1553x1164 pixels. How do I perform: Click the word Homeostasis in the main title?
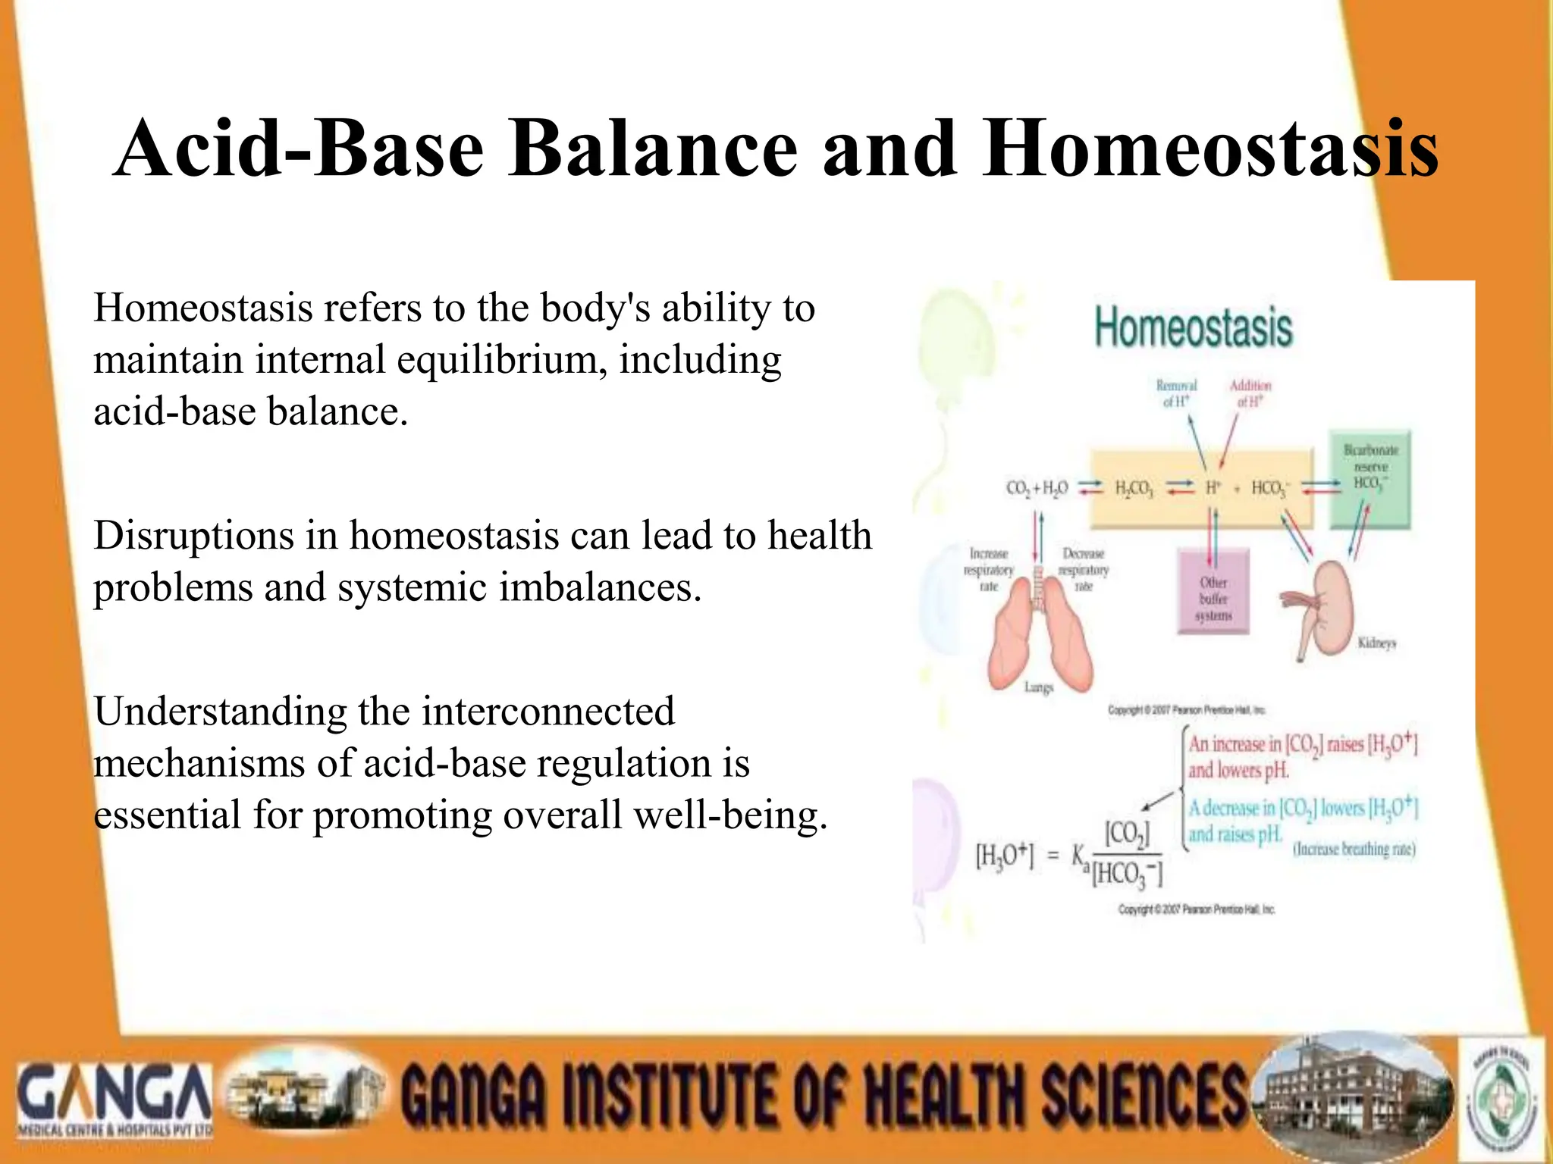(x=1210, y=149)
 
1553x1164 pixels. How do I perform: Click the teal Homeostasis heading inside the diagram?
(x=1194, y=328)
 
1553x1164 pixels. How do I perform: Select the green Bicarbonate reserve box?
(x=1370, y=480)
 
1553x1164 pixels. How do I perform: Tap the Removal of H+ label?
(x=1176, y=393)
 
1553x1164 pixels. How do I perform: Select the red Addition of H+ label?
(x=1250, y=393)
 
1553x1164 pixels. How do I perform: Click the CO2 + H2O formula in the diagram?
(x=1037, y=488)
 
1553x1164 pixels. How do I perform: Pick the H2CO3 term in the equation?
(x=1134, y=489)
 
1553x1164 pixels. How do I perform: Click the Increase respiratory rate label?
(x=988, y=570)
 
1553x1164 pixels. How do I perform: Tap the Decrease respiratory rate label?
(x=1084, y=570)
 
